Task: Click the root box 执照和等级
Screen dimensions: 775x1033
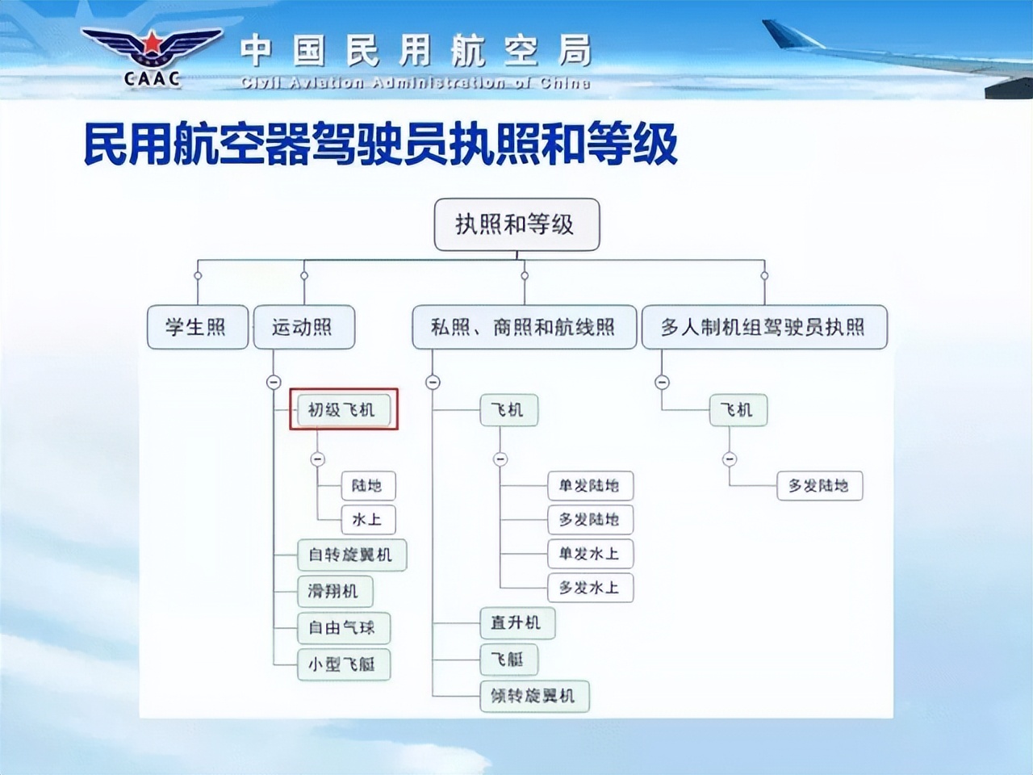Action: (516, 224)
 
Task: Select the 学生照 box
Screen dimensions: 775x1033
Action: (197, 327)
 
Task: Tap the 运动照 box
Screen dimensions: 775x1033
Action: (303, 327)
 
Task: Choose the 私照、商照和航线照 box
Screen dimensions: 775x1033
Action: (524, 327)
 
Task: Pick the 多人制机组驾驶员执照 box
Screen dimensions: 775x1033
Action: (763, 327)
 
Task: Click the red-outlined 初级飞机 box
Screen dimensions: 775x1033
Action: (343, 409)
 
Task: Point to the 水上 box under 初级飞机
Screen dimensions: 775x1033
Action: (368, 520)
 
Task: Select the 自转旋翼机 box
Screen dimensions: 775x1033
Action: (351, 555)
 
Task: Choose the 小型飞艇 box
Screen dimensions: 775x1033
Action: (343, 664)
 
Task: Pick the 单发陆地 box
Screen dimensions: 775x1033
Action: (590, 486)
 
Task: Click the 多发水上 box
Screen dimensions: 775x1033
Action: (590, 588)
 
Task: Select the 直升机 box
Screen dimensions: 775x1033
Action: (516, 623)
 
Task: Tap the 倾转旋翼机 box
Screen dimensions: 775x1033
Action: (534, 696)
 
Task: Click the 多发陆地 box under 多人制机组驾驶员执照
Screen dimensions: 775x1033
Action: (819, 486)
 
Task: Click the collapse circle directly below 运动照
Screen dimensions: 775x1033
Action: (274, 382)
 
